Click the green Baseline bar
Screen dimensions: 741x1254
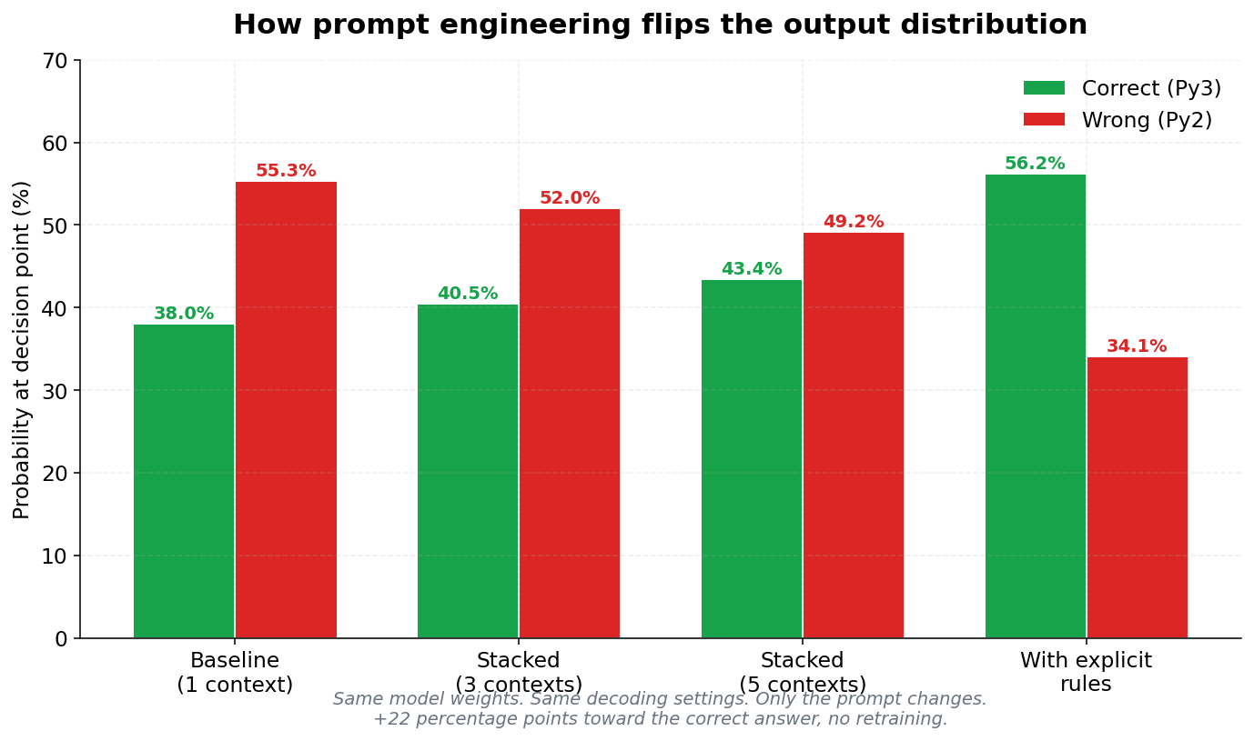[184, 481]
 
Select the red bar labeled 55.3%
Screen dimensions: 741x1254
[286, 409]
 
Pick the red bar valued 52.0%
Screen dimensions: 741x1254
[570, 424]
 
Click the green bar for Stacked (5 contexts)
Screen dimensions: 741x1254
[752, 459]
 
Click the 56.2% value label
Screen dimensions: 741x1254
[1035, 164]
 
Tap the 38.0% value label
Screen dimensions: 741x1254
[184, 314]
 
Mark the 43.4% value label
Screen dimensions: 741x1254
[752, 269]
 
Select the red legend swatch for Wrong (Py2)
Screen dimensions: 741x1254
[1044, 119]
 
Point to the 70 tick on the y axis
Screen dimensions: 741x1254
[55, 61]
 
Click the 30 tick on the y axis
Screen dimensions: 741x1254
[55, 391]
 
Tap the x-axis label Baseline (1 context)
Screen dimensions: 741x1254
[235, 673]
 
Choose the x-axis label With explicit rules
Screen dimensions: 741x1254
[1086, 673]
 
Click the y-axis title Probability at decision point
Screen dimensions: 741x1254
[22, 349]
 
